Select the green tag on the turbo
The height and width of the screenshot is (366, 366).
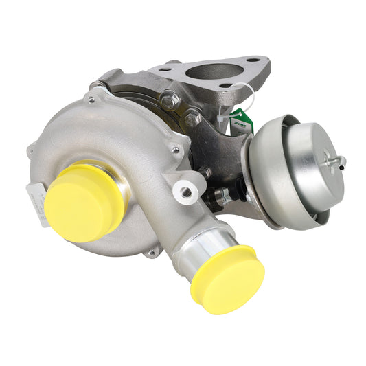point(242,123)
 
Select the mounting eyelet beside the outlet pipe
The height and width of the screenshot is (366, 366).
point(186,192)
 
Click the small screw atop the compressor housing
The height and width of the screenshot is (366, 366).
point(91,100)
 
